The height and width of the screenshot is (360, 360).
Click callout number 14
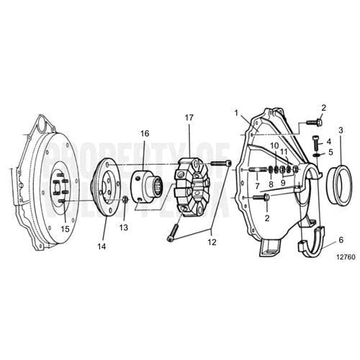(101, 246)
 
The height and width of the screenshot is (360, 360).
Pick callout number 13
(123, 228)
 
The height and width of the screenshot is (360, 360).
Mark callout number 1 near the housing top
(235, 112)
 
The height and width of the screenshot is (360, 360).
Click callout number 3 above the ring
(341, 130)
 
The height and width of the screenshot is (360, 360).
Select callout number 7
(256, 186)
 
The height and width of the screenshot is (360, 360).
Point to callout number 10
(274, 166)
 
